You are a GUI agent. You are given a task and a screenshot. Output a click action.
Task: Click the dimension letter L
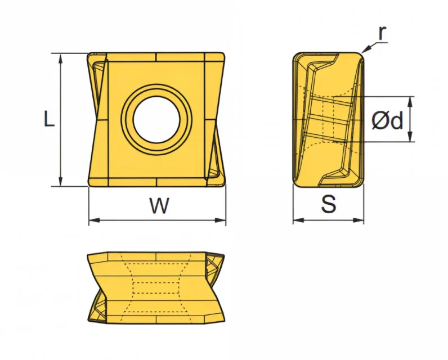tap(49, 119)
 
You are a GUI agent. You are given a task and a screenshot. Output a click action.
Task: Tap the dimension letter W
tap(159, 205)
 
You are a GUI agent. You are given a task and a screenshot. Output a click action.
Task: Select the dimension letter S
tap(329, 204)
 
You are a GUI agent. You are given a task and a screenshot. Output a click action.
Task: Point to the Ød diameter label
tap(388, 120)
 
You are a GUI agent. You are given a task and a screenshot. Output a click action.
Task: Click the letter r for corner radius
tap(382, 33)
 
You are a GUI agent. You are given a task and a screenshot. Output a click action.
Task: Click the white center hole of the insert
tap(156, 120)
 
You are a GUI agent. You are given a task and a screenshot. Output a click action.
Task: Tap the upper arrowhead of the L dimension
tap(60, 59)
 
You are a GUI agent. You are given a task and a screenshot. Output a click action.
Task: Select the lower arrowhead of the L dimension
tap(60, 181)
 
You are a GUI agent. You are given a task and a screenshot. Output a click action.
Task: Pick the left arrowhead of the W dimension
tap(94, 220)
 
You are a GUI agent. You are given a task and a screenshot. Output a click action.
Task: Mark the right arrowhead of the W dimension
tap(220, 220)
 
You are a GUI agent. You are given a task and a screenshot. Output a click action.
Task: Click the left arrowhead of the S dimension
tap(298, 220)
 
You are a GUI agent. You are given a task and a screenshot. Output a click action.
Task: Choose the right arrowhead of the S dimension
tap(359, 220)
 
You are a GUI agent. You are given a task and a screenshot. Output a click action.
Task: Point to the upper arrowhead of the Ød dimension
tap(410, 102)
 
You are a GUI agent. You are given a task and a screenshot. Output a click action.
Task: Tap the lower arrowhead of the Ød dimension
tap(410, 136)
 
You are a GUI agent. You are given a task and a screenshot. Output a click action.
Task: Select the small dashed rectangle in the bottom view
tap(156, 288)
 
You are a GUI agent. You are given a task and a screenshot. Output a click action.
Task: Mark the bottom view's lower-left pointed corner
tap(88, 320)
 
